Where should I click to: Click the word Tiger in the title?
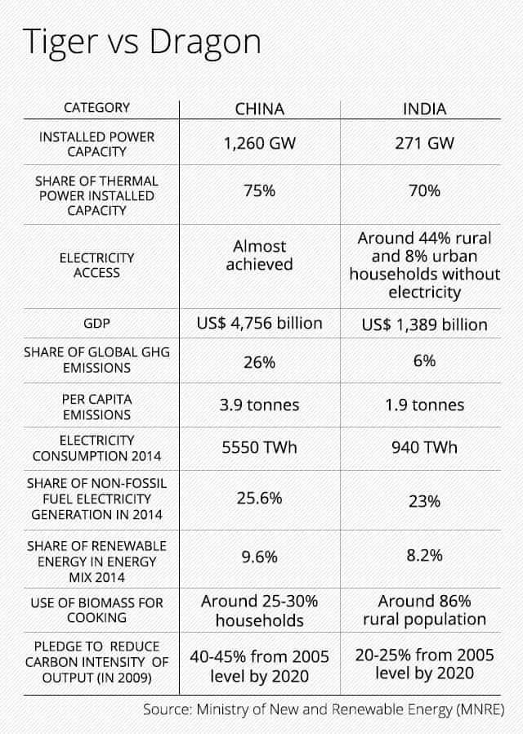pyautogui.click(x=59, y=43)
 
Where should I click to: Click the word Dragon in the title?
pyautogui.click(x=205, y=43)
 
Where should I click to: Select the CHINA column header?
pyautogui.click(x=260, y=109)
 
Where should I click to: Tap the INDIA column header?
pyautogui.click(x=424, y=109)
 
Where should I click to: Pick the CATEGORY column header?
pyautogui.click(x=96, y=108)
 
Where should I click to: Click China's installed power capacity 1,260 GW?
pyautogui.click(x=260, y=143)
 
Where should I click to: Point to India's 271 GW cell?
pyautogui.click(x=424, y=143)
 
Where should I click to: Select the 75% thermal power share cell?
pyautogui.click(x=260, y=191)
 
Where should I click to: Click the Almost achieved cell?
pyautogui.click(x=260, y=255)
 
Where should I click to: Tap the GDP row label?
pyautogui.click(x=96, y=324)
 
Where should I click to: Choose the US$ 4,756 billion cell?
pyautogui.click(x=260, y=324)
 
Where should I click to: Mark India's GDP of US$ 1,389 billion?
pyautogui.click(x=424, y=324)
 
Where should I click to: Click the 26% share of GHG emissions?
pyautogui.click(x=260, y=362)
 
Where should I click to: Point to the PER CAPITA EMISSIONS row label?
pyautogui.click(x=96, y=407)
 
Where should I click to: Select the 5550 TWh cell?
pyautogui.click(x=260, y=448)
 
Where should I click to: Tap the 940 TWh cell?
pyautogui.click(x=424, y=448)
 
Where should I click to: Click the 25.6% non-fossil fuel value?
pyautogui.click(x=260, y=498)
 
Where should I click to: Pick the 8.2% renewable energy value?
pyautogui.click(x=424, y=556)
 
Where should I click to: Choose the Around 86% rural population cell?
pyautogui.click(x=424, y=610)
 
